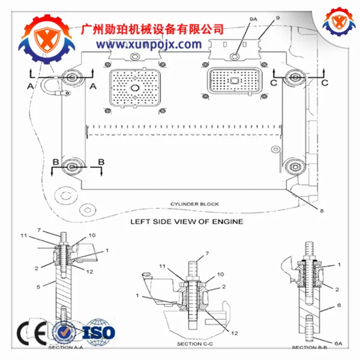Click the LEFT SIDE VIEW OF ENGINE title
[x=187, y=221]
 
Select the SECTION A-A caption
[x=64, y=346]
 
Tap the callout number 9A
[x=253, y=20]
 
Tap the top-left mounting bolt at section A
[x=73, y=77]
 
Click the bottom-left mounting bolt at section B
[x=73, y=166]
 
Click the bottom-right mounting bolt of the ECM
[x=294, y=166]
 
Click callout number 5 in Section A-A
[x=37, y=287]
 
